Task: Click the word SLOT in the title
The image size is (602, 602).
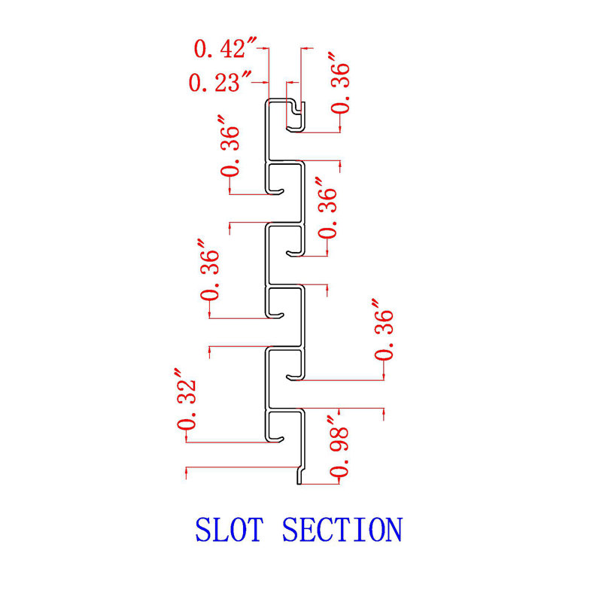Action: pos(229,529)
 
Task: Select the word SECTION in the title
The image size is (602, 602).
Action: pos(342,529)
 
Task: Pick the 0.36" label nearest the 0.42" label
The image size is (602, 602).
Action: pos(341,83)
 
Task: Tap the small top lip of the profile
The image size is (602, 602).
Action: pos(299,113)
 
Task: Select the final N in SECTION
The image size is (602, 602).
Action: pos(392,529)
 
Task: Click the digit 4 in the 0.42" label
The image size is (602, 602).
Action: pos(220,50)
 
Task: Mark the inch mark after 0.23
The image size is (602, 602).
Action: pos(247,78)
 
